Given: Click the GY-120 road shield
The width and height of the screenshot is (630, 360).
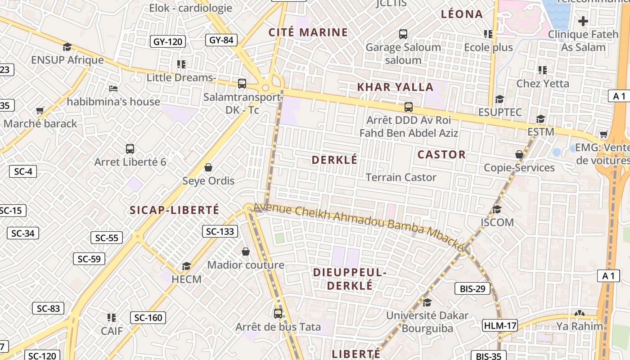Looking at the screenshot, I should (167, 42).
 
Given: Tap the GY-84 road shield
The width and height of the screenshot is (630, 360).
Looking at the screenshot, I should (221, 40).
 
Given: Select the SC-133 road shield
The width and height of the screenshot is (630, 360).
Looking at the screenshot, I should (220, 231).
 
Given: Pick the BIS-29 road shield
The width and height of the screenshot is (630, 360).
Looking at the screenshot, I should (472, 288).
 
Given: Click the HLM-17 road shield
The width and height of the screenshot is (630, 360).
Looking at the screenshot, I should (500, 325).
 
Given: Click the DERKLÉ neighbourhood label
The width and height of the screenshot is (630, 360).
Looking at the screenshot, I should (334, 160).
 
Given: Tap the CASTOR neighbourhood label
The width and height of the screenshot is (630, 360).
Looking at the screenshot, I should (441, 155).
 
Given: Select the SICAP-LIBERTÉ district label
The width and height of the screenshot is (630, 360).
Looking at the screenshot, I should (175, 210).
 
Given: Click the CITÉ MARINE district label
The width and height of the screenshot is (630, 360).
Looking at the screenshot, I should (308, 32).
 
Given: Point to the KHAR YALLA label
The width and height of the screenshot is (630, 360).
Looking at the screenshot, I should (395, 87).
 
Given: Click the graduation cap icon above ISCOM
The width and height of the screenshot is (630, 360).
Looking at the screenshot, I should (497, 209).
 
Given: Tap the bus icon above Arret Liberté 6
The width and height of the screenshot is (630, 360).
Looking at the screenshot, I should (130, 148).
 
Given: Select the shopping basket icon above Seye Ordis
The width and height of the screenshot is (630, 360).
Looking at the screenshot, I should (208, 167).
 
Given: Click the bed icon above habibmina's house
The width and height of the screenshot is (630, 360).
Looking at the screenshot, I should (113, 89).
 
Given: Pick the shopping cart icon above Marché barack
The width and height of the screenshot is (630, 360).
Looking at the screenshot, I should (40, 110).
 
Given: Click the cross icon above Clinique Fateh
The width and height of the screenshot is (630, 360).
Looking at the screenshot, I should (583, 21).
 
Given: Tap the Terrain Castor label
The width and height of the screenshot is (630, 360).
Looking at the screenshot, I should (401, 177).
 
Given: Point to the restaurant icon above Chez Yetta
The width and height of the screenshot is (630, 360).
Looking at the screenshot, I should (543, 70).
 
